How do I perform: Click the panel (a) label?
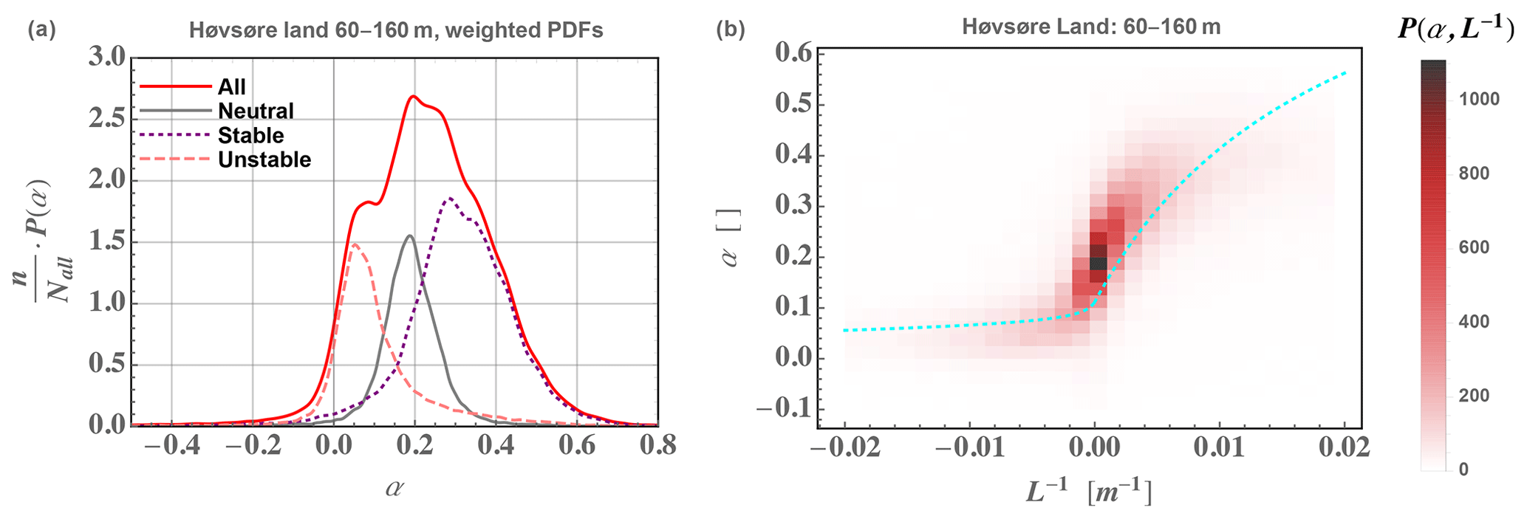41,30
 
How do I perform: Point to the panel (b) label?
730,30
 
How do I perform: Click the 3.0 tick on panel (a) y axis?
107,58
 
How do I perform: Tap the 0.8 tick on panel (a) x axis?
657,447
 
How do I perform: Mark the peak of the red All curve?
413,96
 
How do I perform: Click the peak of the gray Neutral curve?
409,236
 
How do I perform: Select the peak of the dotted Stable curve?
448,198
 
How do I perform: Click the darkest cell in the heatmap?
1099,263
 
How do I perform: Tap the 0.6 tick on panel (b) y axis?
793,53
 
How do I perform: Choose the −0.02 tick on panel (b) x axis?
845,447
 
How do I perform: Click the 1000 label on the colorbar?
1479,100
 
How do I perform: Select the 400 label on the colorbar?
1474,322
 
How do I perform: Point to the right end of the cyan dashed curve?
1345,72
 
